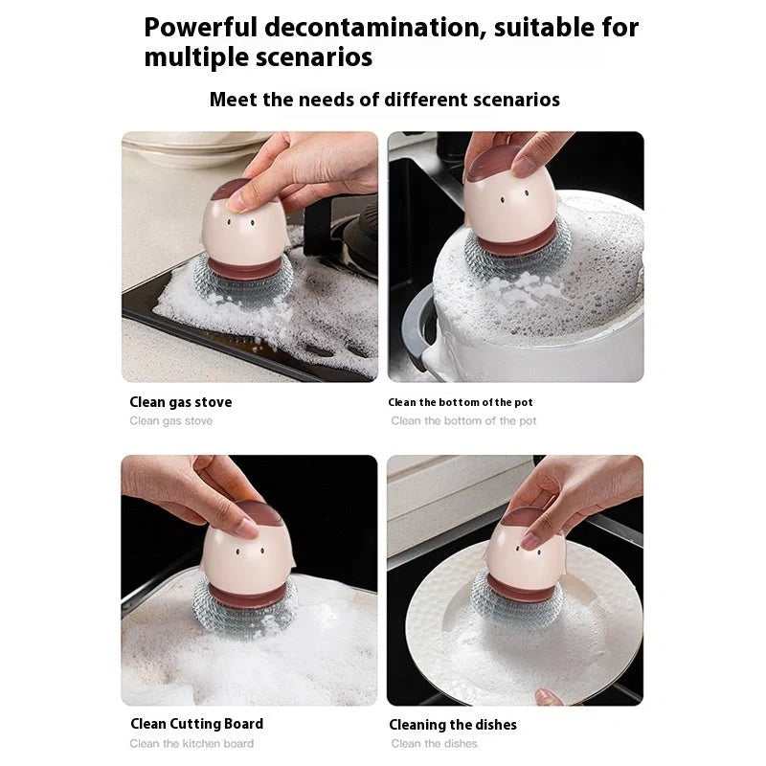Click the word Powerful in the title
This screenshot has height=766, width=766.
coord(199,28)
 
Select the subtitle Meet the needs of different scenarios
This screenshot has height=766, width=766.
coord(384,100)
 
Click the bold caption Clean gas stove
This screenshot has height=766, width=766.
coord(181,402)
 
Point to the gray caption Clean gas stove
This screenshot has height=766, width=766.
coord(171,421)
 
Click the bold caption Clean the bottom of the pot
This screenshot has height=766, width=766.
coord(461,402)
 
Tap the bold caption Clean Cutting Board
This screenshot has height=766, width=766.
coord(196,724)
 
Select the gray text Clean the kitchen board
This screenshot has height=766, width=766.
coord(191,744)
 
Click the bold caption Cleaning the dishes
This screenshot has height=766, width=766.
coord(453,725)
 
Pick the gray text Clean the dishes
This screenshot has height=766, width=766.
coord(434,744)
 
